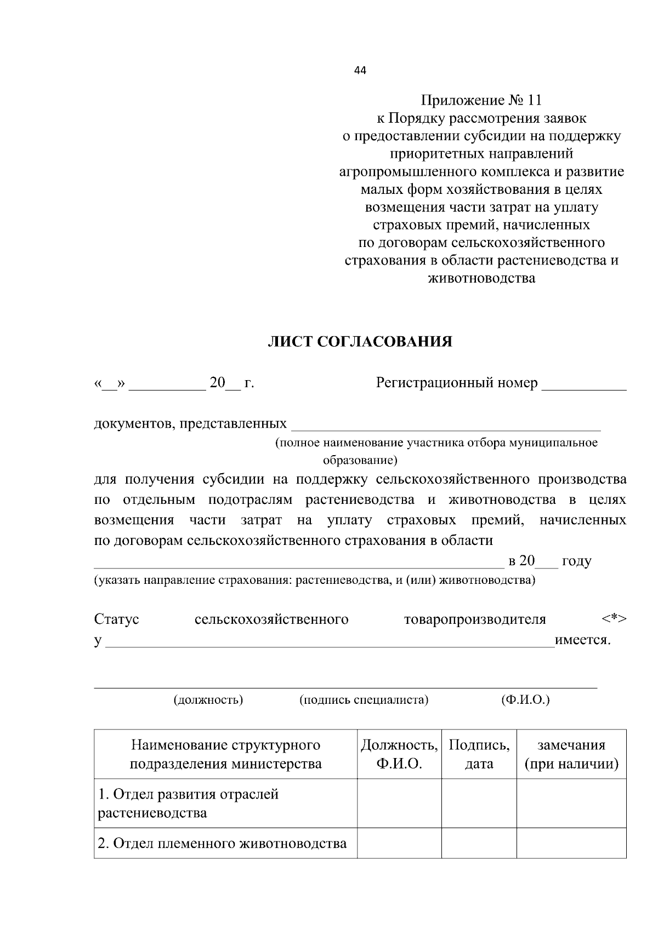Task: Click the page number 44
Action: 360,70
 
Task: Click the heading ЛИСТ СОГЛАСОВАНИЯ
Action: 360,342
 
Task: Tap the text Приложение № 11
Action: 481,100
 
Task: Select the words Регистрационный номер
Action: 456,383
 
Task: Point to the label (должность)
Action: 208,699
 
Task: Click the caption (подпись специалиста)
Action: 364,699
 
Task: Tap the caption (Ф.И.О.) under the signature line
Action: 525,699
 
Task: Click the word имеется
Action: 583,640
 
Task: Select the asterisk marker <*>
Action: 614,619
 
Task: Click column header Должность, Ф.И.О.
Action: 399,754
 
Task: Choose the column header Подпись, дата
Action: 479,754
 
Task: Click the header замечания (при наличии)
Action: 571,754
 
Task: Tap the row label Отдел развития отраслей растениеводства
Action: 188,803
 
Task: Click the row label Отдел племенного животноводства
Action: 222,843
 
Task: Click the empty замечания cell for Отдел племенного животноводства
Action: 571,843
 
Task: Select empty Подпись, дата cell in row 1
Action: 479,803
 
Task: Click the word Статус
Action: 117,619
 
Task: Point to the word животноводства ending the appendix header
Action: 481,278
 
